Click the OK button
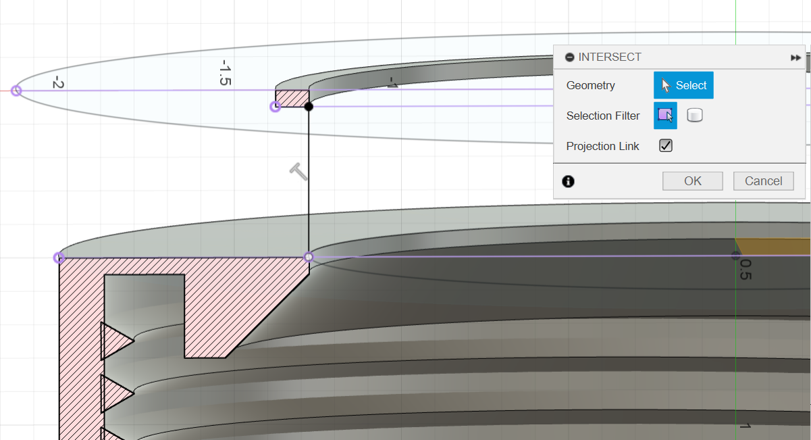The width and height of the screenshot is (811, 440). [692, 180]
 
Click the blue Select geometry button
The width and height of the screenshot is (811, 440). [683, 85]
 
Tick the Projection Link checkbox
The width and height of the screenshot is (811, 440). [666, 146]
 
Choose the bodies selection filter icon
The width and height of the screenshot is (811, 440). [695, 116]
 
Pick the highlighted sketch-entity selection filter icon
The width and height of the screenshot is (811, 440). [665, 116]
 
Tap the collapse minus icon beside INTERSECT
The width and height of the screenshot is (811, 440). [570, 57]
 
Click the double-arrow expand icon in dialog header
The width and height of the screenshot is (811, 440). [795, 58]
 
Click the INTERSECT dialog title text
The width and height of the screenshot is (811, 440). [610, 57]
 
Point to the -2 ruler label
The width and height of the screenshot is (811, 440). [58, 83]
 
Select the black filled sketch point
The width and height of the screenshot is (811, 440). [309, 106]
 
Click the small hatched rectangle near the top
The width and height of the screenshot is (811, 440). [292, 99]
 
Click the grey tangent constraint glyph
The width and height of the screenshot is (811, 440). [298, 172]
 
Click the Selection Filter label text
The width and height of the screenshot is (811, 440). [603, 116]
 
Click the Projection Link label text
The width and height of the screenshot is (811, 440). [603, 146]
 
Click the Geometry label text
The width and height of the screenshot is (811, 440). [591, 85]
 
